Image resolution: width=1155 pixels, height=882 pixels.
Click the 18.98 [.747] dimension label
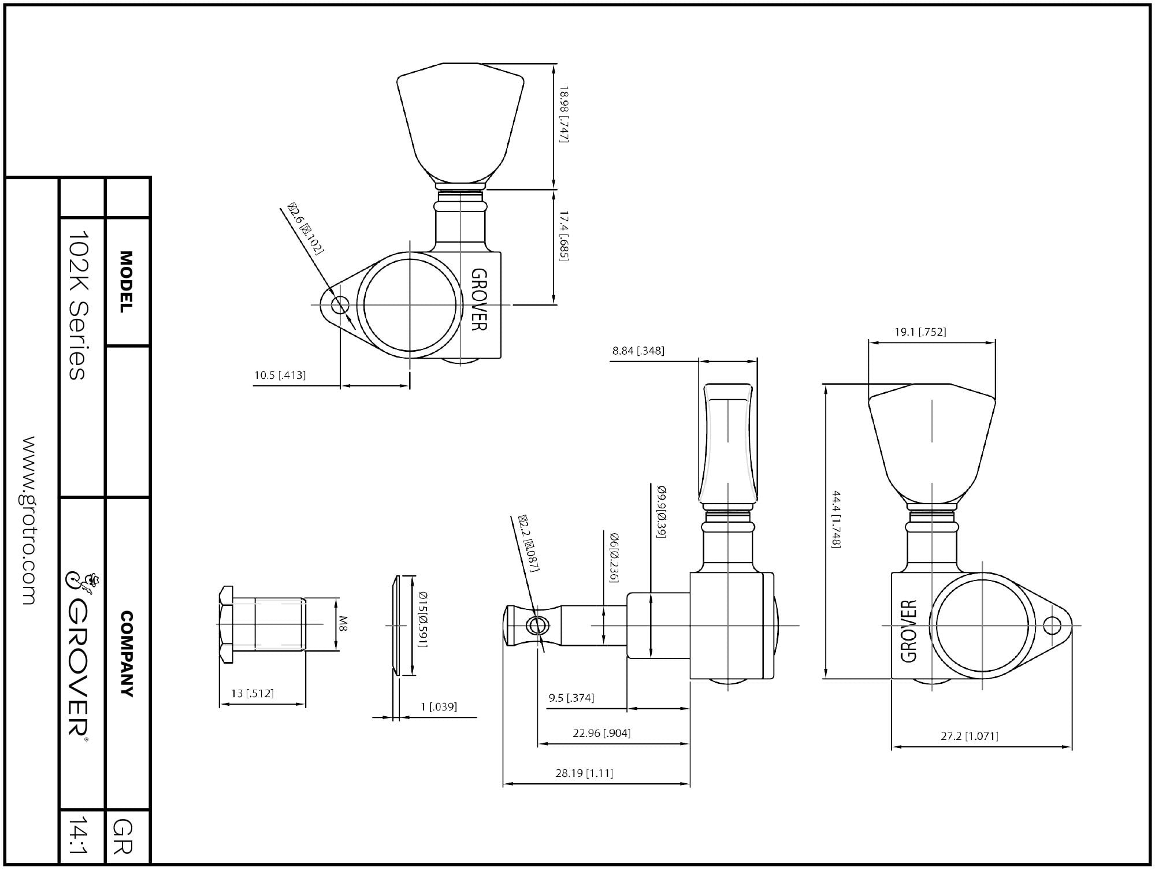(564, 114)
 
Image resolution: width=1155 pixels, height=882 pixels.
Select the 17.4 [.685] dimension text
(564, 236)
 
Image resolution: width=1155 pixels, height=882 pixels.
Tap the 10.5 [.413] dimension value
(280, 375)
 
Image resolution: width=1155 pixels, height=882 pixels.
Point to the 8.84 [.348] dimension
(638, 351)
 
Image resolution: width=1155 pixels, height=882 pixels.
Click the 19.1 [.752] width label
(920, 332)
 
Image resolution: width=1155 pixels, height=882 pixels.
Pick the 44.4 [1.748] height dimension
(836, 519)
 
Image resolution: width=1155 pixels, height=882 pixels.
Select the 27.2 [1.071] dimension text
(970, 736)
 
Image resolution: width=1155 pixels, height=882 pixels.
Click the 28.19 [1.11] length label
(584, 773)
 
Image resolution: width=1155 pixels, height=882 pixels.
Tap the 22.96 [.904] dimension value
(601, 733)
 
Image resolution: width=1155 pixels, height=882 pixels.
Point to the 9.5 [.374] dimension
(571, 698)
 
